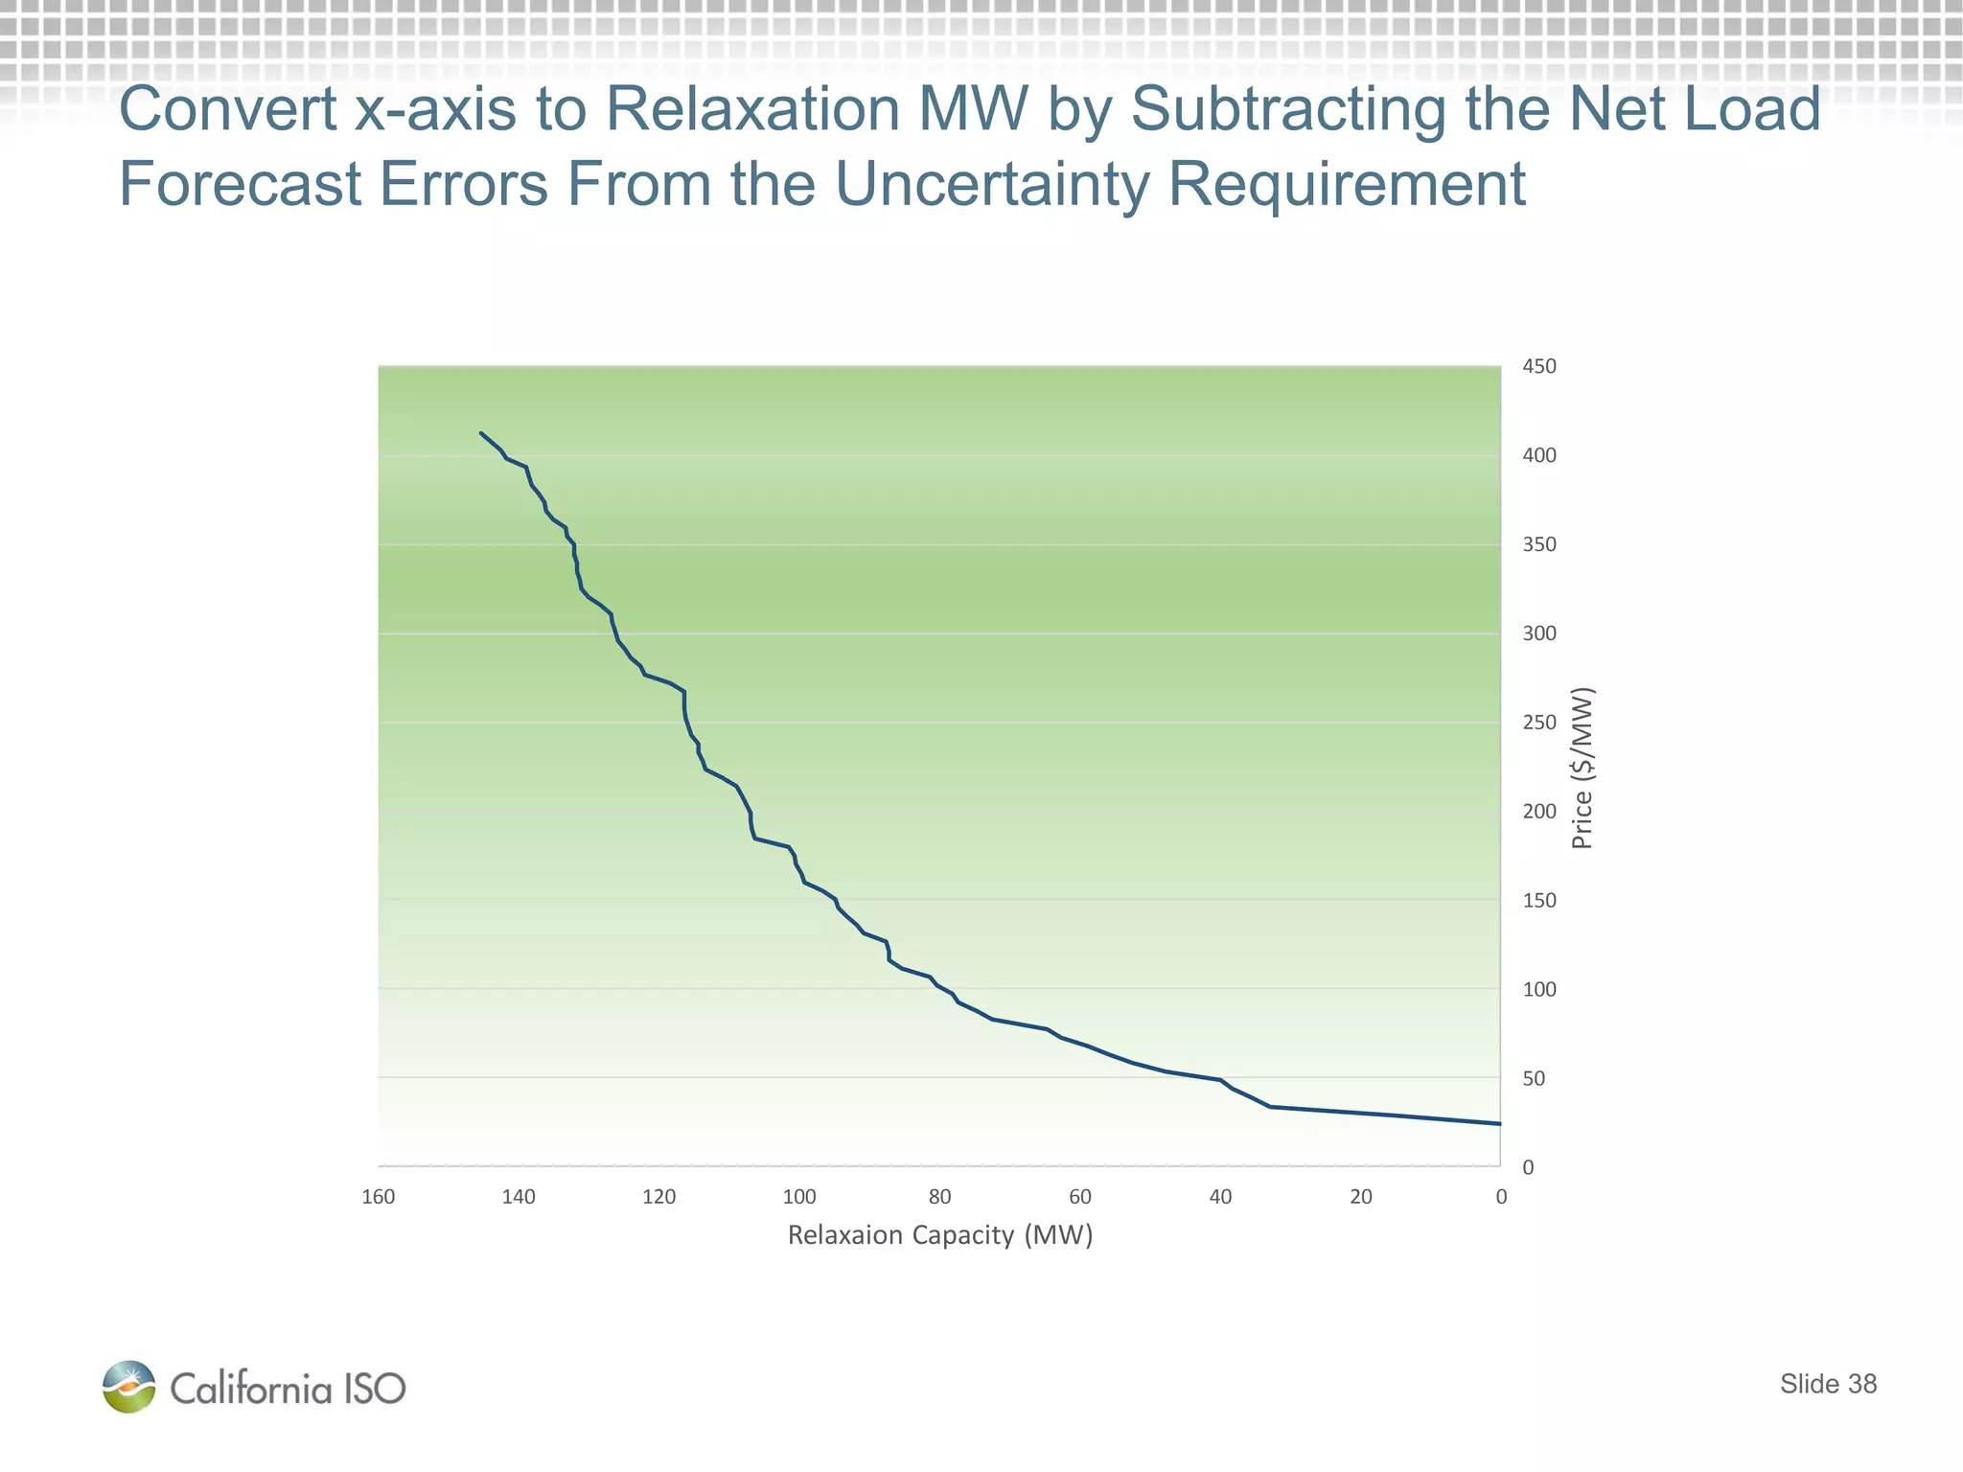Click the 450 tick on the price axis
pos(1539,366)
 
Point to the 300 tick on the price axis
pos(1539,633)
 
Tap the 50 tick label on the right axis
pos(1534,1078)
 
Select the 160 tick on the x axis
pos(379,1197)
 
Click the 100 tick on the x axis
pos(799,1197)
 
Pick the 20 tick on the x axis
pos(1361,1197)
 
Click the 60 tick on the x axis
pos(1080,1197)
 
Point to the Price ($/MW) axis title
pos(1582,769)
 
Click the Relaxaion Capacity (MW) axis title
pos(940,1235)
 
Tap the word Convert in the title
pos(227,108)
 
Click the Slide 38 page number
pos(1828,1384)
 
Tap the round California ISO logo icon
pos(129,1387)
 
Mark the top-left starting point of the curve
pos(481,433)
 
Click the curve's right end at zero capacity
pos(1499,1123)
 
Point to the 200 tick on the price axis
pos(1539,812)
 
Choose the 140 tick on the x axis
pos(519,1197)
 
